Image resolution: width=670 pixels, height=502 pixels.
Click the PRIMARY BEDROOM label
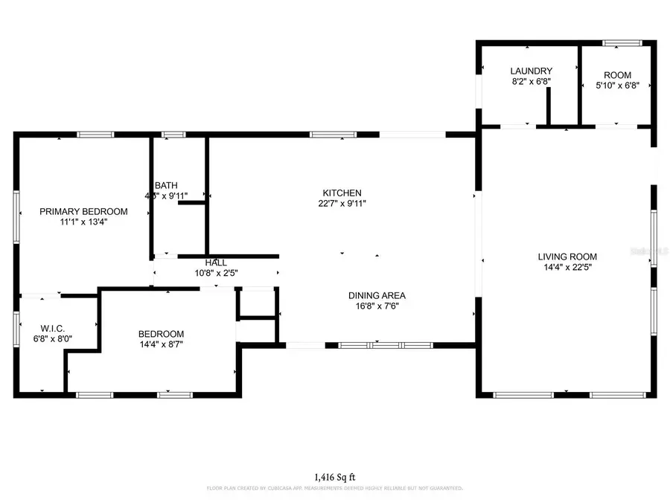pyautogui.click(x=83, y=211)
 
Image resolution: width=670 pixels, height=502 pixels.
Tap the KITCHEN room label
pyautogui.click(x=342, y=192)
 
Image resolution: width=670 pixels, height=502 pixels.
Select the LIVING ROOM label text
pyautogui.click(x=567, y=257)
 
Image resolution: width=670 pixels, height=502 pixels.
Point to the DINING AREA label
pyautogui.click(x=377, y=295)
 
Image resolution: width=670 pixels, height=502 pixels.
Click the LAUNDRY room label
pyautogui.click(x=531, y=71)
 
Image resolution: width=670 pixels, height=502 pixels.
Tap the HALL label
pyautogui.click(x=216, y=263)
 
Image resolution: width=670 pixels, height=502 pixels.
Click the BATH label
pyautogui.click(x=166, y=185)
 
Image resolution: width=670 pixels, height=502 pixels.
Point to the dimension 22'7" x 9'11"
pyautogui.click(x=342, y=202)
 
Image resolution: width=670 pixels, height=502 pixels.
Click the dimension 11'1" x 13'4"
pyautogui.click(x=83, y=222)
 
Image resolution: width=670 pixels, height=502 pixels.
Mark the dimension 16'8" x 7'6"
pyautogui.click(x=377, y=306)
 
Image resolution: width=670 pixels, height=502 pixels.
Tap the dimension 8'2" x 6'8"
pyautogui.click(x=531, y=82)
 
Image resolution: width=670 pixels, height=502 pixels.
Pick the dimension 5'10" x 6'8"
pyautogui.click(x=617, y=86)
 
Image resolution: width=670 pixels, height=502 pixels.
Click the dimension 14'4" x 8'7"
pyautogui.click(x=161, y=344)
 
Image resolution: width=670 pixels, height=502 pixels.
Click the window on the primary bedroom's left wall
pyautogui.click(x=16, y=216)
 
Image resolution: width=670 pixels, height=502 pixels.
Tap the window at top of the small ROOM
pyautogui.click(x=617, y=43)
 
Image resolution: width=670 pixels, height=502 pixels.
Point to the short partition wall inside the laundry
pyautogui.click(x=549, y=107)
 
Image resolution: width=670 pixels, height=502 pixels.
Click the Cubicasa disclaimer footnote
pyautogui.click(x=334, y=489)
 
